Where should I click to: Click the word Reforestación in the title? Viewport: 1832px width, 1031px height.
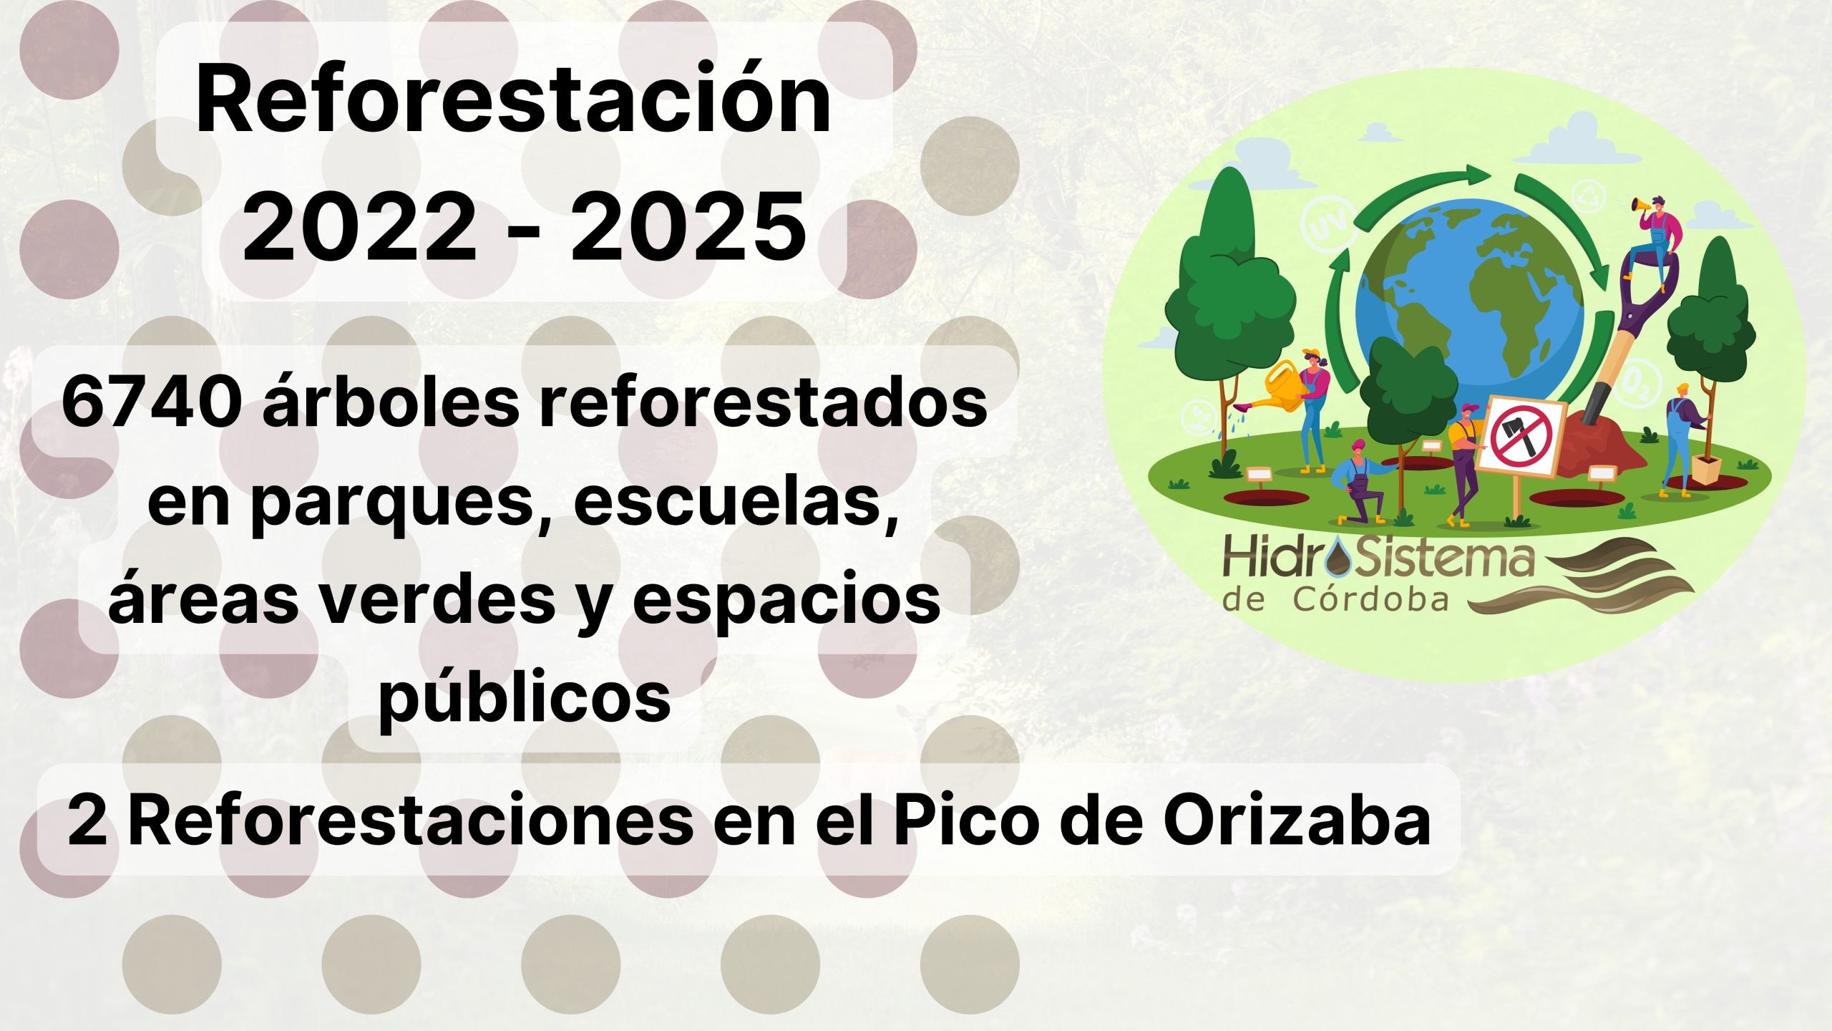[513, 100]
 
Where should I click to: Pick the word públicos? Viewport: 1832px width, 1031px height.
[525, 697]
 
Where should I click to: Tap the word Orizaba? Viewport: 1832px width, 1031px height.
[1296, 820]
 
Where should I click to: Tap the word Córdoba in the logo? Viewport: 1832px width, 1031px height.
[1370, 600]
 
